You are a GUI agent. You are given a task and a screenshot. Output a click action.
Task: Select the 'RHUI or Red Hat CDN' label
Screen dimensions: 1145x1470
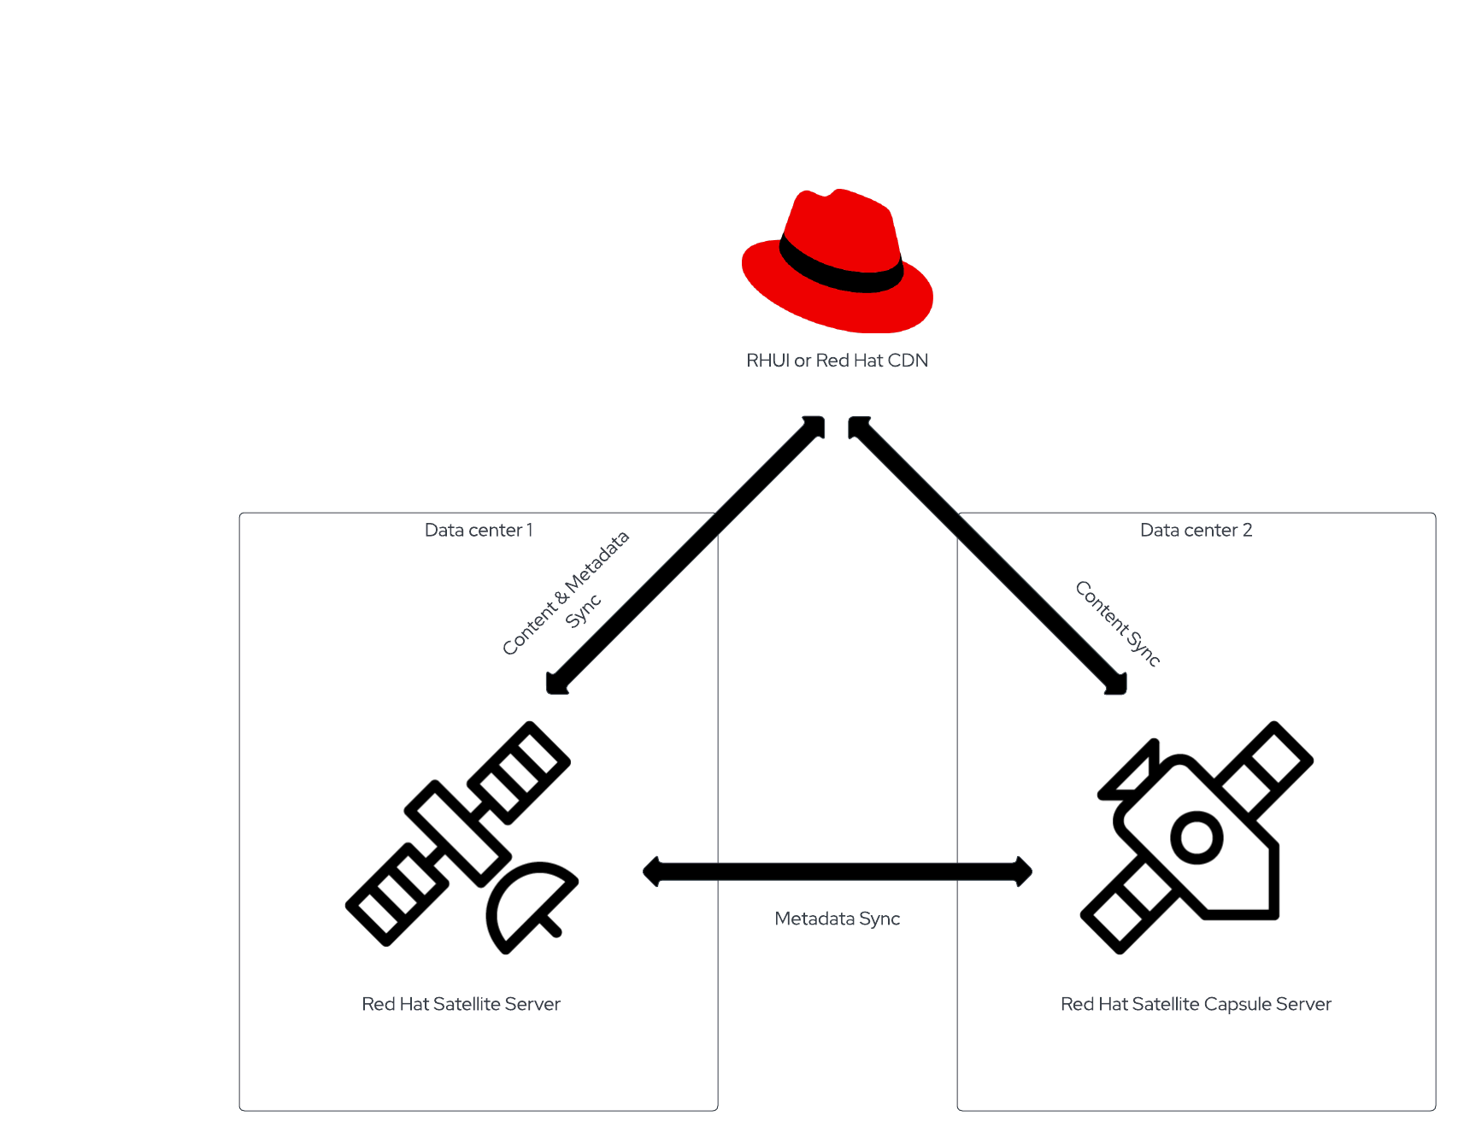tap(837, 361)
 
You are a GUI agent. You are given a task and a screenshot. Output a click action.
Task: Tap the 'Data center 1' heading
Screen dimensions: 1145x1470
tap(479, 530)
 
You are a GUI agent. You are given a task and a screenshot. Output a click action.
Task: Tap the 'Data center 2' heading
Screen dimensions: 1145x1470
tap(1196, 530)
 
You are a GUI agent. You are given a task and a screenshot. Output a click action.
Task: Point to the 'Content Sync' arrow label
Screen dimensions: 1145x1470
tap(1118, 623)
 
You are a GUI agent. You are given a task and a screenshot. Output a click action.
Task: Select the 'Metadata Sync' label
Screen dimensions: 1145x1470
tap(837, 919)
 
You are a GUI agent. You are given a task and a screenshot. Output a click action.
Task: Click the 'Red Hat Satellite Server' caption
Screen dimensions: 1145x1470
tap(461, 1004)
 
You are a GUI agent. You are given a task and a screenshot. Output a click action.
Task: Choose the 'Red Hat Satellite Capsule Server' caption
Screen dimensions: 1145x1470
tap(1196, 1004)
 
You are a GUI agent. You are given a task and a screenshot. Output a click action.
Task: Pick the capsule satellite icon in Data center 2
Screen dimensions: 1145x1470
tap(1197, 837)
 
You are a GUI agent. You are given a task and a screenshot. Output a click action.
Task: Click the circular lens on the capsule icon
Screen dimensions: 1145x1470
tap(1197, 837)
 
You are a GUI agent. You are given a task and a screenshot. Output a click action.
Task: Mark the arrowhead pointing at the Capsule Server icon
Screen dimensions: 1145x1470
tap(1116, 683)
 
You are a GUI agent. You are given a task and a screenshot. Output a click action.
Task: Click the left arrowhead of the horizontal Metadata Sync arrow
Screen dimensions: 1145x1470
tap(654, 872)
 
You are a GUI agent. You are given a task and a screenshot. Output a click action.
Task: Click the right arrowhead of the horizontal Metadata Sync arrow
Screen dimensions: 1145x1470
tap(1022, 872)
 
